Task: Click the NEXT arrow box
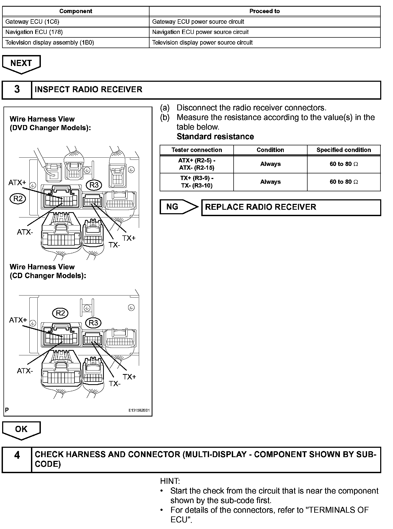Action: tap(21, 63)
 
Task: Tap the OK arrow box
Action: tap(21, 429)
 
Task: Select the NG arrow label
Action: tap(172, 207)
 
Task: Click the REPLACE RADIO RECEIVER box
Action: tap(291, 207)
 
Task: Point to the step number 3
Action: tap(17, 90)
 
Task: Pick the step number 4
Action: tap(17, 455)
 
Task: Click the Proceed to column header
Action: tap(264, 11)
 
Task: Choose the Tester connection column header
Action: tap(196, 150)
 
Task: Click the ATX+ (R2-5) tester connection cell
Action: tap(196, 164)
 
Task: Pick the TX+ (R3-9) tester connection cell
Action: tap(196, 182)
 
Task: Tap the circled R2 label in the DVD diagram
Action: tap(18, 199)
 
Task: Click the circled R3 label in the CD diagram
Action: tap(93, 323)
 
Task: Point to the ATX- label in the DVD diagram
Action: tap(25, 232)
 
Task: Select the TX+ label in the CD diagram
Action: tap(129, 377)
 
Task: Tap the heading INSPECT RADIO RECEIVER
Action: tap(88, 90)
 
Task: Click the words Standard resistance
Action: tap(215, 137)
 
